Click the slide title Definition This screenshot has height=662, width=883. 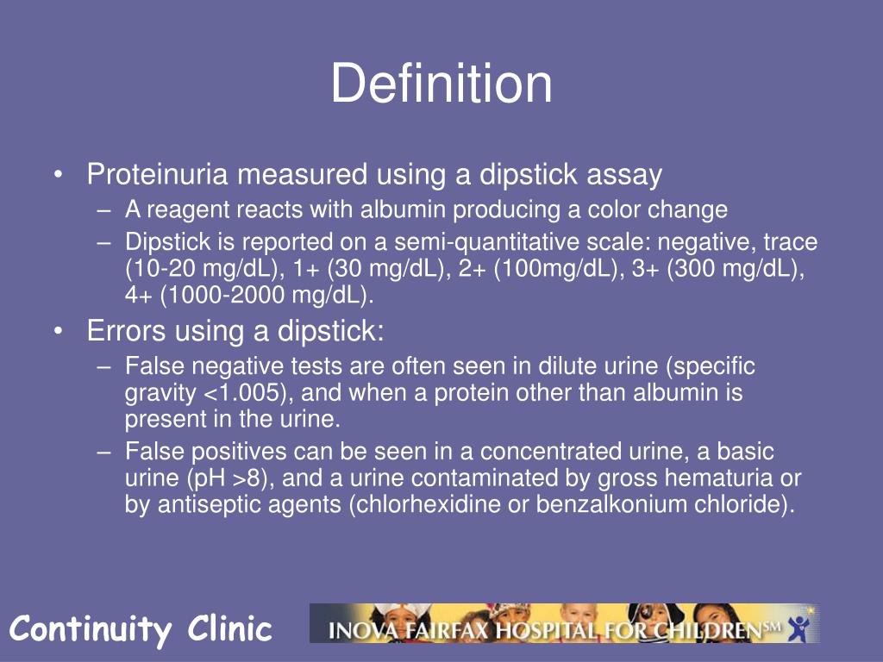(x=441, y=84)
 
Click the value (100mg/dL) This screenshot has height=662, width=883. (x=560, y=269)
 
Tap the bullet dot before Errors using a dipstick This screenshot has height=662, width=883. (x=58, y=332)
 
